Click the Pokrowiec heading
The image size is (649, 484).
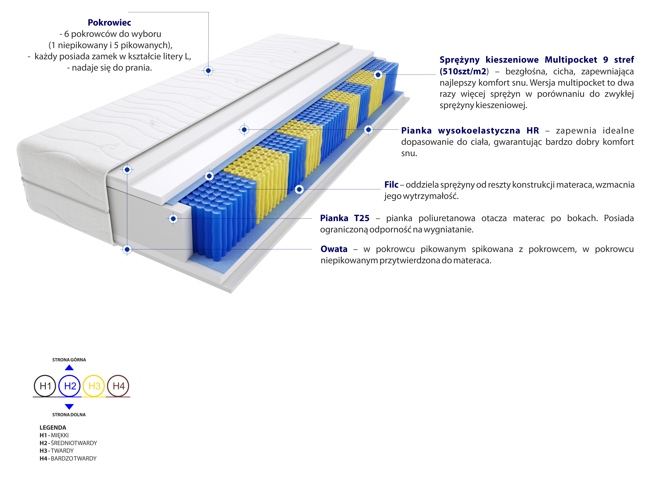point(109,23)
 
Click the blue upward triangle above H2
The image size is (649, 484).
point(69,368)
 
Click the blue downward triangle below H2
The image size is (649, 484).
point(69,406)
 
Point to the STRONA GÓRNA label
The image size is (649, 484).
point(69,360)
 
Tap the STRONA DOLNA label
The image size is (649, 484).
point(69,415)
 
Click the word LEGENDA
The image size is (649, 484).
point(53,427)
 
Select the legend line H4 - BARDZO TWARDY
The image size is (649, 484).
point(68,458)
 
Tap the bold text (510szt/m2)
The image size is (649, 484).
point(463,71)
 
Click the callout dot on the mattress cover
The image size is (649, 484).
point(208,71)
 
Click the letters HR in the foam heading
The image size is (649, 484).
point(532,131)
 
